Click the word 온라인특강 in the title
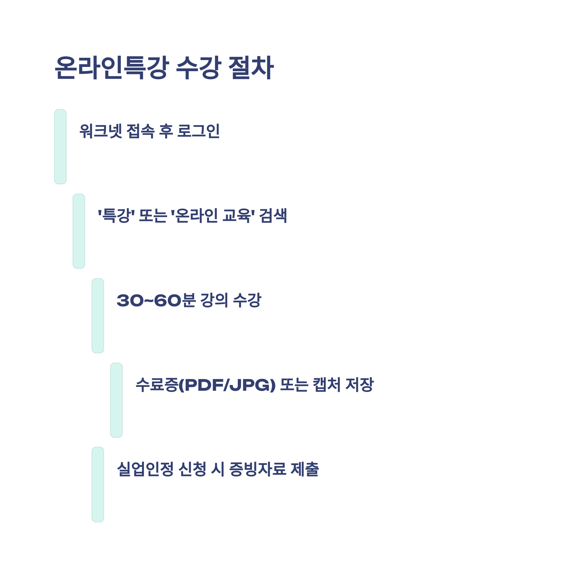[x=112, y=68]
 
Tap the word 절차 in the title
[x=251, y=68]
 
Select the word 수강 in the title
[x=199, y=68]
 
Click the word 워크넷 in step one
[x=100, y=131]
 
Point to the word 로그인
[x=198, y=131]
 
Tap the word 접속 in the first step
[x=141, y=131]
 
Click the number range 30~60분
[x=156, y=300]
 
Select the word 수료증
[x=157, y=385]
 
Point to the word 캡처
[x=326, y=385]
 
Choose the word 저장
[x=359, y=385]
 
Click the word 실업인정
[x=145, y=469]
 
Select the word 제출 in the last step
[x=305, y=469]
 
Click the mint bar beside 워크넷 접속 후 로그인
[x=60, y=147]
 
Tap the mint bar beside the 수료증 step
[x=116, y=400]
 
